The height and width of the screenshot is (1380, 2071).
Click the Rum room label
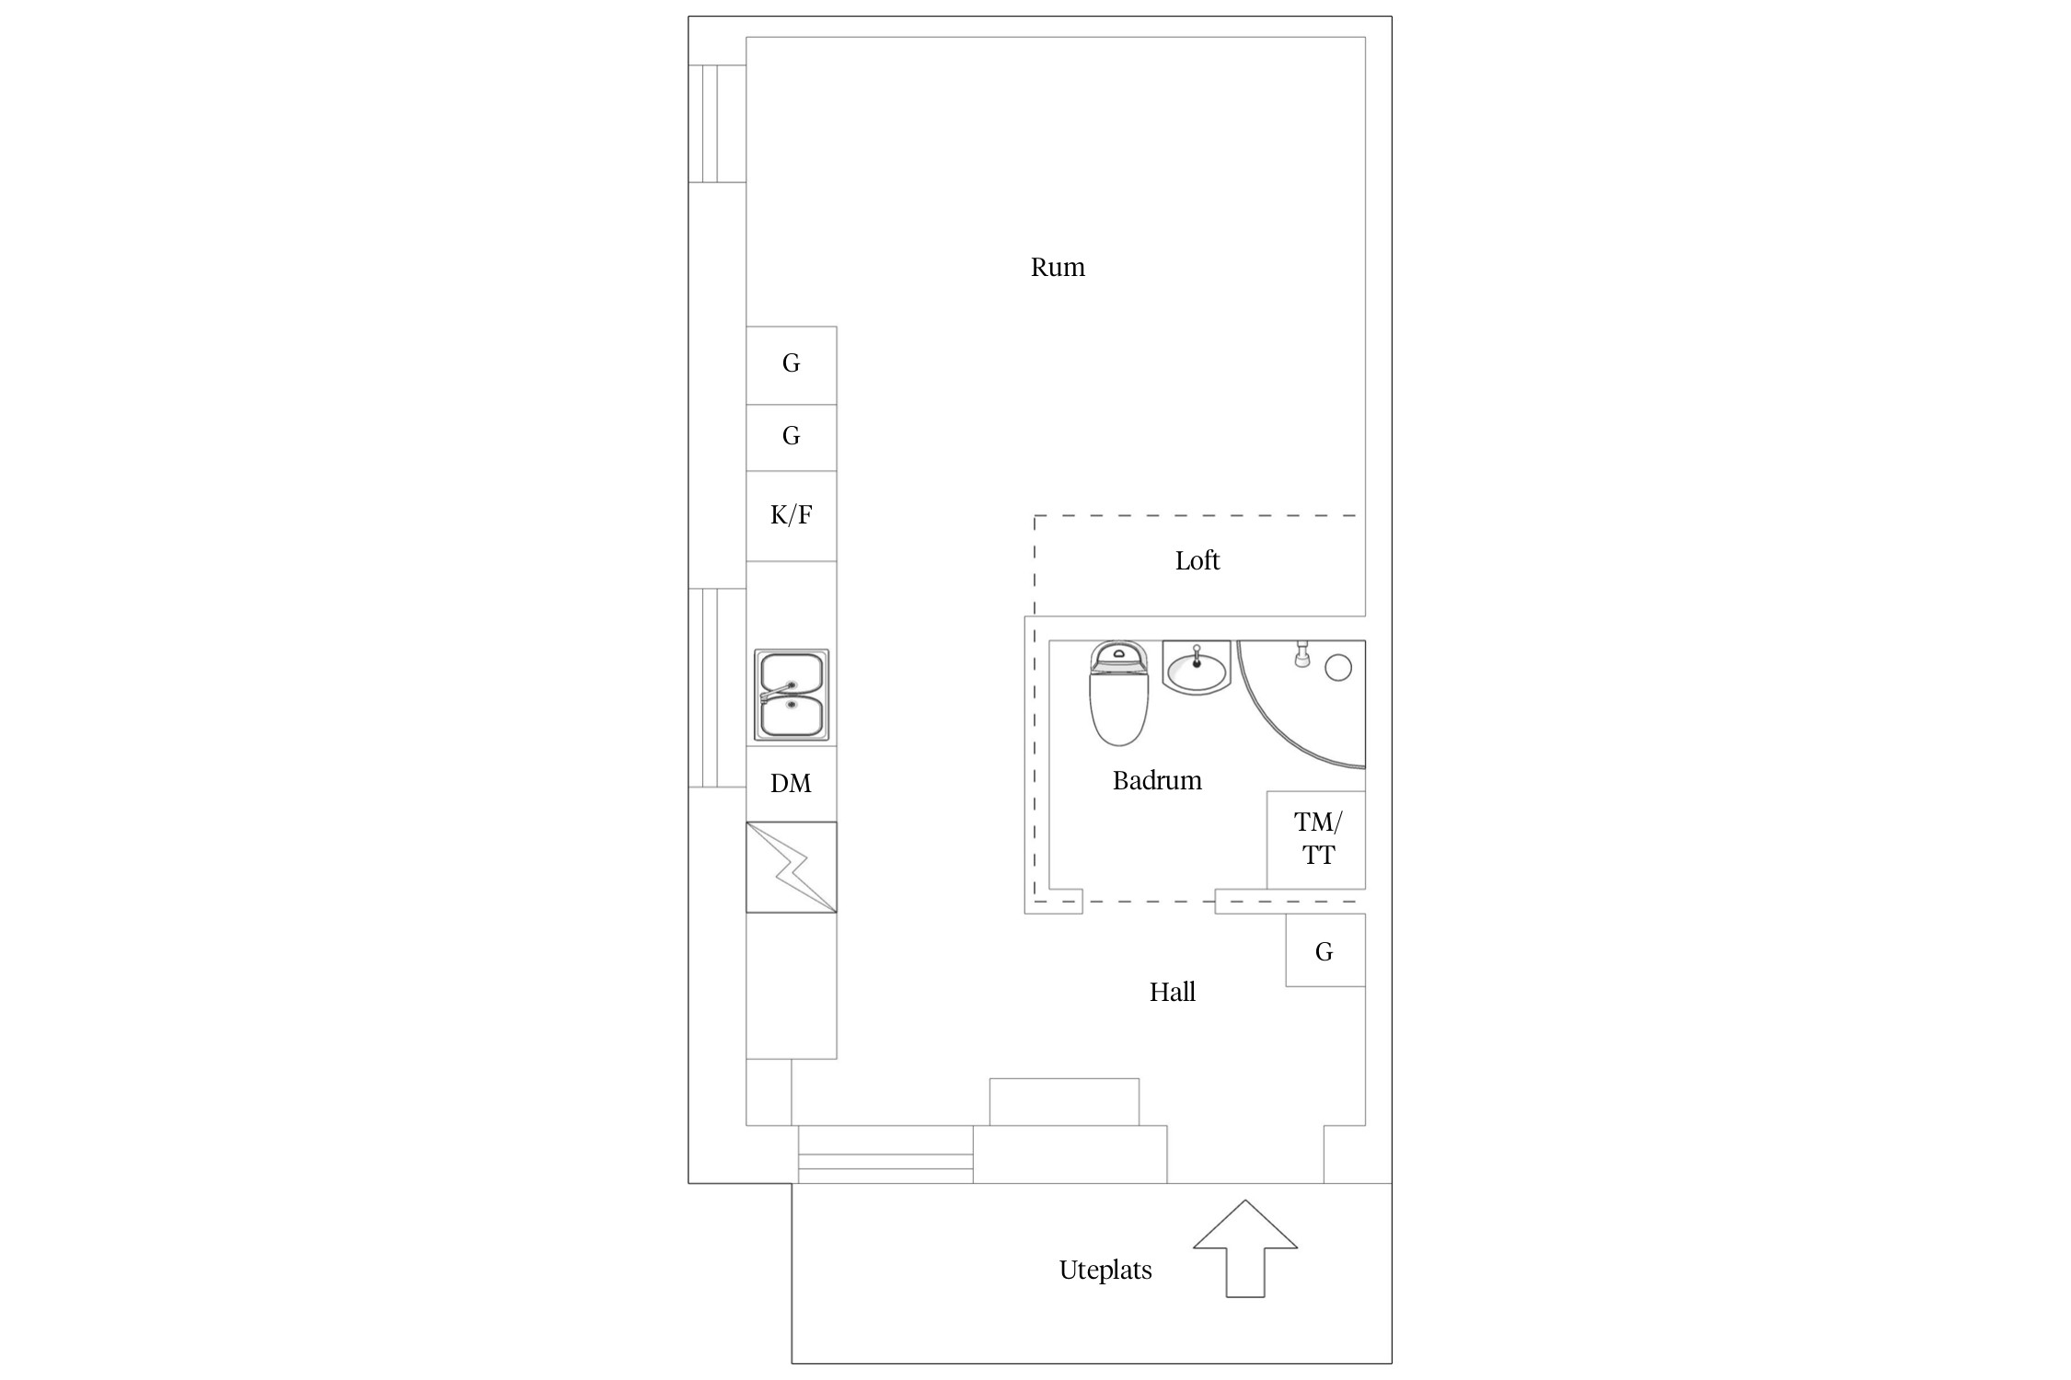[x=1058, y=268]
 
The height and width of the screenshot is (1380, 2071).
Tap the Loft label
[x=1197, y=560]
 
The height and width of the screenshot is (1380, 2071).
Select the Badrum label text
[x=1157, y=781]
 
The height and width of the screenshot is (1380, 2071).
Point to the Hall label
[x=1173, y=992]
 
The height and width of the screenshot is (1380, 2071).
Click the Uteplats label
[x=1105, y=1271]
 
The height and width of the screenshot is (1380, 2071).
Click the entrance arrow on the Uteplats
[x=1245, y=1248]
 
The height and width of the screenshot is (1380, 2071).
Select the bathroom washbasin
[x=1197, y=666]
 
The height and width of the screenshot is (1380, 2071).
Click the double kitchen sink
[x=792, y=695]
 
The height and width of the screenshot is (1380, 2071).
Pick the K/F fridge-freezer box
[x=792, y=516]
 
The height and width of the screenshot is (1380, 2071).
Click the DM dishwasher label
[x=791, y=784]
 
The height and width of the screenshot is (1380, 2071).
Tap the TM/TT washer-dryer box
[x=1316, y=839]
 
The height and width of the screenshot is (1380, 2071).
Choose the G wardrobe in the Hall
[x=1325, y=950]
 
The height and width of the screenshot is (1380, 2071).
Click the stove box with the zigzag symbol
[x=792, y=868]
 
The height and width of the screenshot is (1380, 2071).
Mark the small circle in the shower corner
[x=1338, y=668]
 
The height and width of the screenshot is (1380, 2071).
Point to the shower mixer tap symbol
[x=1302, y=654]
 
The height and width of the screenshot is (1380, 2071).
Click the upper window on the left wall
[x=717, y=123]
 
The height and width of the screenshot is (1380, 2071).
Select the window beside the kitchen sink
[x=717, y=687]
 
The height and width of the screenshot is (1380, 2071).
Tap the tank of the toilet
[x=1119, y=657]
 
